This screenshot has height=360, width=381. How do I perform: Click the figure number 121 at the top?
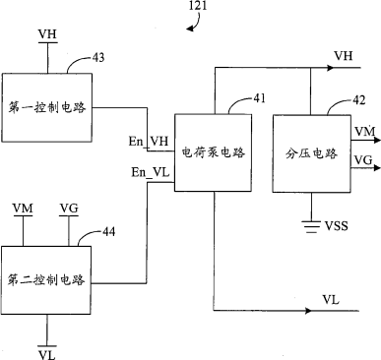[x=198, y=6]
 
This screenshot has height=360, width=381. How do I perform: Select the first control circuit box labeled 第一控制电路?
[x=47, y=107]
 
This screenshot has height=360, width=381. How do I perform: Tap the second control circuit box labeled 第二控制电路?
[x=46, y=280]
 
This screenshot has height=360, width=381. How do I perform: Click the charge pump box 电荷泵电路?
[x=213, y=152]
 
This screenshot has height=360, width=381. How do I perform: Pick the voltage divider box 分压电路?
[x=311, y=153]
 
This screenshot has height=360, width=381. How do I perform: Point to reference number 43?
[x=98, y=57]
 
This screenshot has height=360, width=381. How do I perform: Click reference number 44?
[x=109, y=232]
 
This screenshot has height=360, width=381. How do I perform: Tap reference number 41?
[x=259, y=98]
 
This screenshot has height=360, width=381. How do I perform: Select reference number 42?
[x=358, y=100]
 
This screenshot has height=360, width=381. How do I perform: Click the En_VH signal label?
[x=149, y=142]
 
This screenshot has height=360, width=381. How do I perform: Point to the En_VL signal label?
[x=151, y=172]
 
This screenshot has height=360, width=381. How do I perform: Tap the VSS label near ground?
[x=337, y=225]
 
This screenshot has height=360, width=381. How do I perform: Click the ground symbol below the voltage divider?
[x=311, y=227]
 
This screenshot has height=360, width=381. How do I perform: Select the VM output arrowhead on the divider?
[x=377, y=141]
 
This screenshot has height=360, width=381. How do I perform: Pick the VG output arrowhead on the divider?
[x=377, y=168]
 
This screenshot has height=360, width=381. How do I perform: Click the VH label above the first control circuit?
[x=47, y=34]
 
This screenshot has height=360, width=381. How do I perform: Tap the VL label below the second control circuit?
[x=47, y=355]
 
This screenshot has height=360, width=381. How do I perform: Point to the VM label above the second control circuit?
[x=23, y=209]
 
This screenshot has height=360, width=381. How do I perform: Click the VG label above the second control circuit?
[x=69, y=209]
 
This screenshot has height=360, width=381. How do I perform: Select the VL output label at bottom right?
[x=331, y=299]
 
